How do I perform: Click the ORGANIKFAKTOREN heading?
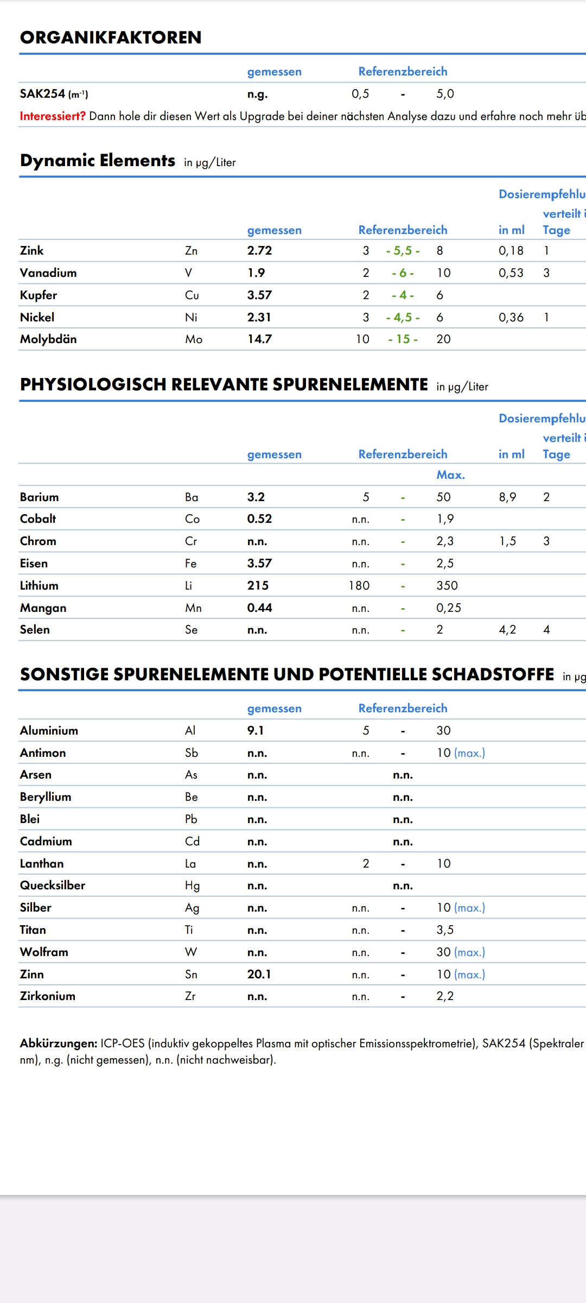coord(111,37)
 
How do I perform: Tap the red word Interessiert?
coord(53,116)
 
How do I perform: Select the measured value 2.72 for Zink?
coord(259,251)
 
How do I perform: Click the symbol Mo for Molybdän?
coord(194,339)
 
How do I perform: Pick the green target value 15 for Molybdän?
coord(403,339)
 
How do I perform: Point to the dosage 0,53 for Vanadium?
coord(511,273)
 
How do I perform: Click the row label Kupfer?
coord(39,295)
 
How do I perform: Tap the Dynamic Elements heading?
coord(98,161)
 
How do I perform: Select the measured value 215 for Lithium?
coord(258,586)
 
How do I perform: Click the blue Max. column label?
coord(450,475)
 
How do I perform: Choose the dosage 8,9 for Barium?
coord(507,497)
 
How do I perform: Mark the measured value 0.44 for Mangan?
coord(259,608)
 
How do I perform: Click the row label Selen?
coord(35,630)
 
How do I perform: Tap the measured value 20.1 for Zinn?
coord(259,975)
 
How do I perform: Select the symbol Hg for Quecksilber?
coord(192,886)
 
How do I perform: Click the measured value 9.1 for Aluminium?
coord(255,731)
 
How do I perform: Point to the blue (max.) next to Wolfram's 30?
coord(469,952)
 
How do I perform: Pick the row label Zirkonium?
coord(48,996)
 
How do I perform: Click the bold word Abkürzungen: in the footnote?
coord(59,1043)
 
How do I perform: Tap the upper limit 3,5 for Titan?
coord(445,930)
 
